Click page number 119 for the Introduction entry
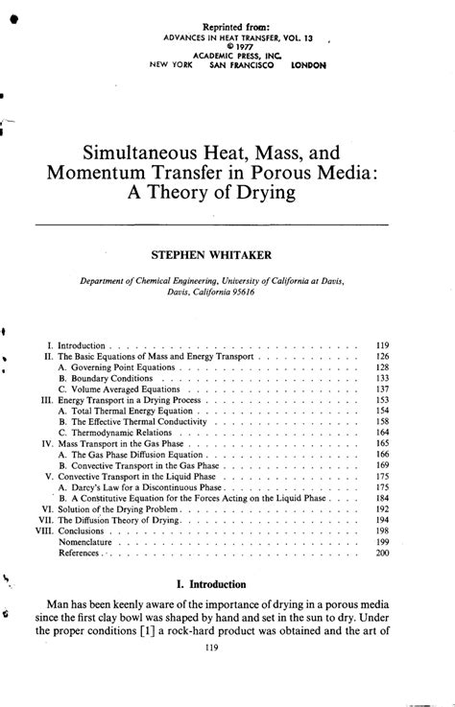click(381, 342)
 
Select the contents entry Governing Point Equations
click(120, 366)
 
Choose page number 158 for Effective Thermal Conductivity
click(382, 421)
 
